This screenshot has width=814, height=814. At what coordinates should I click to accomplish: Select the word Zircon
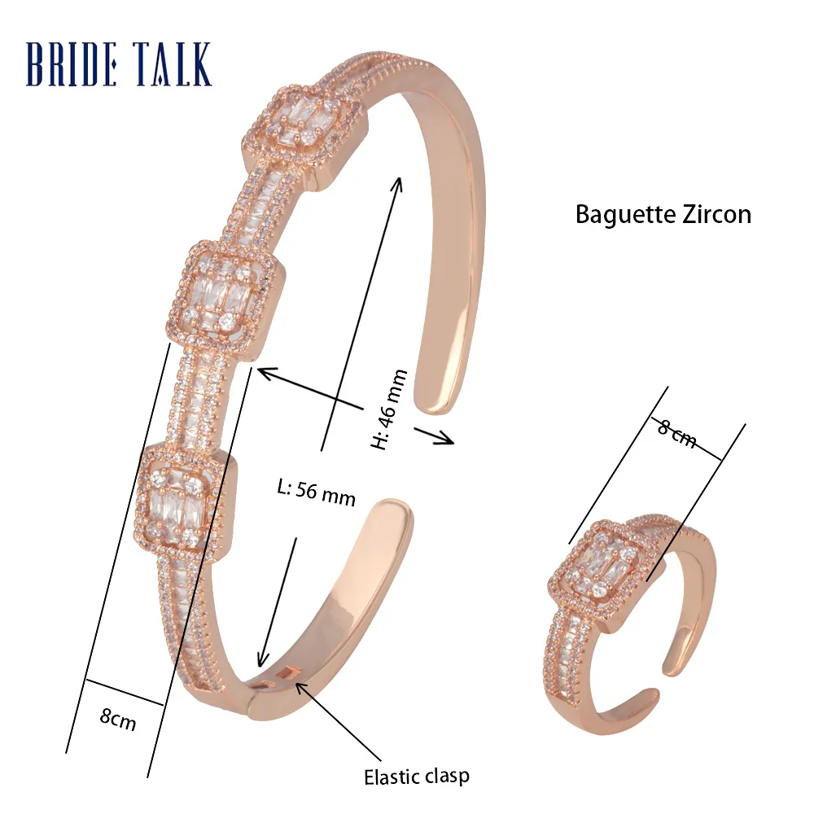click(716, 214)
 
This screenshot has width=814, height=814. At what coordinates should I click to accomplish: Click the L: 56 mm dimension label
click(316, 493)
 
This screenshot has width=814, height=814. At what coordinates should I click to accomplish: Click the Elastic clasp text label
click(416, 775)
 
